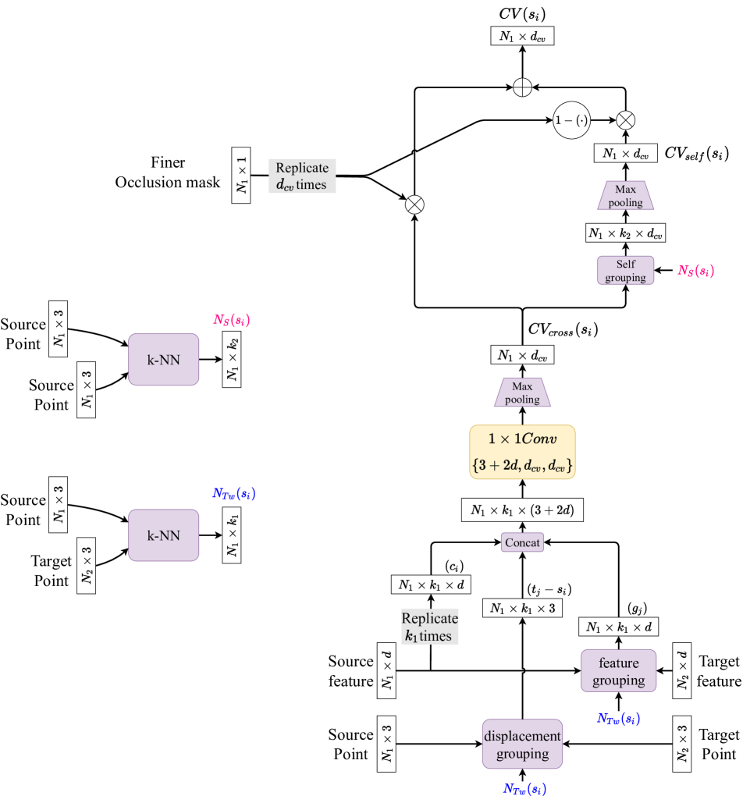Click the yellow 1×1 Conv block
522,452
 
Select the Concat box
522,542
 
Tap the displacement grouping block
522,744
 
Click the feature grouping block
619,671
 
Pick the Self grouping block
625,270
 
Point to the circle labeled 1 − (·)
571,120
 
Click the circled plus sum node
522,87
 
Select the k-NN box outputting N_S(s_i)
163,360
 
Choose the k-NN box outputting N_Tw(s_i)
163,535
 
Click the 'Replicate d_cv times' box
302,176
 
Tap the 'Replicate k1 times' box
429,627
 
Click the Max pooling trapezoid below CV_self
625,196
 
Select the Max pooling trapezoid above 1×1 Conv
522,393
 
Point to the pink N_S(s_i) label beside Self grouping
696,270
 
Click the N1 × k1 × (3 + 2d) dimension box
522,510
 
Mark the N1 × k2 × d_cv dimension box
625,233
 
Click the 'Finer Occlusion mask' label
168,172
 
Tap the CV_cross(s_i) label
563,329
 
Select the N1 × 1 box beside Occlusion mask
240,175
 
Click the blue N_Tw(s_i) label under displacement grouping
524,789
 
